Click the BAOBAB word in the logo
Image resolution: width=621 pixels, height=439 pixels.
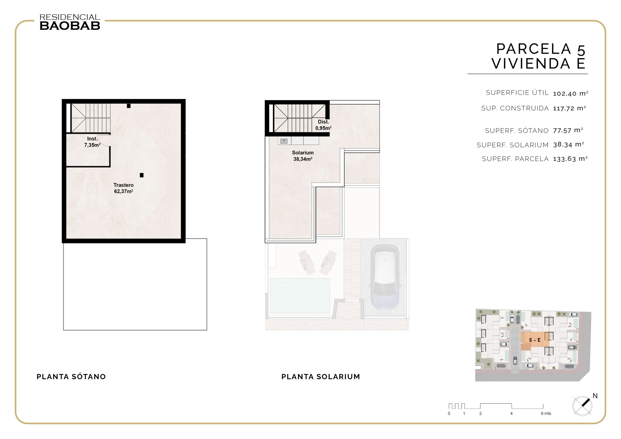pos(70,26)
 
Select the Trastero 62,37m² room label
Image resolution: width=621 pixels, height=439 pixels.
pos(124,188)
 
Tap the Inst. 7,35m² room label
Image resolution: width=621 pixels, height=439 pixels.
pos(92,142)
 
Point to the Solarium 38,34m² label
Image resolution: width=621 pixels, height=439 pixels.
pos(303,156)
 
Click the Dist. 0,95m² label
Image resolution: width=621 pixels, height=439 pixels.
pos(323,125)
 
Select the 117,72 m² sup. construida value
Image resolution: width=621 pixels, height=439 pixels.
pos(569,108)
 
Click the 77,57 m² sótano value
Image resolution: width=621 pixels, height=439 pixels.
pos(568,130)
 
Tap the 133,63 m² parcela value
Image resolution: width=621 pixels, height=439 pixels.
pos(570,159)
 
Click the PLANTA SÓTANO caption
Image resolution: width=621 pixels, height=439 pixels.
pos(71,376)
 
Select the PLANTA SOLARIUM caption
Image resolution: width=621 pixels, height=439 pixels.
pos(321,376)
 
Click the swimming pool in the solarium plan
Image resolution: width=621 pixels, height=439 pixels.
pos(300,296)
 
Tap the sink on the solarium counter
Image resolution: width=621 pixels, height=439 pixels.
pos(284,141)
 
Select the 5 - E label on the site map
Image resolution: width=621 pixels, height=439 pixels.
pos(535,340)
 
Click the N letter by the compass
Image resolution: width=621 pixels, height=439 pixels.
pos(595,396)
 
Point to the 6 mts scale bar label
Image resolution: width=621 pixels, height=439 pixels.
pos(546,413)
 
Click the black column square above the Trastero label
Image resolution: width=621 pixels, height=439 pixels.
pos(141,175)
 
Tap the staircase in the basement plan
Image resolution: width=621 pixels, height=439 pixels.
pos(91,118)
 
